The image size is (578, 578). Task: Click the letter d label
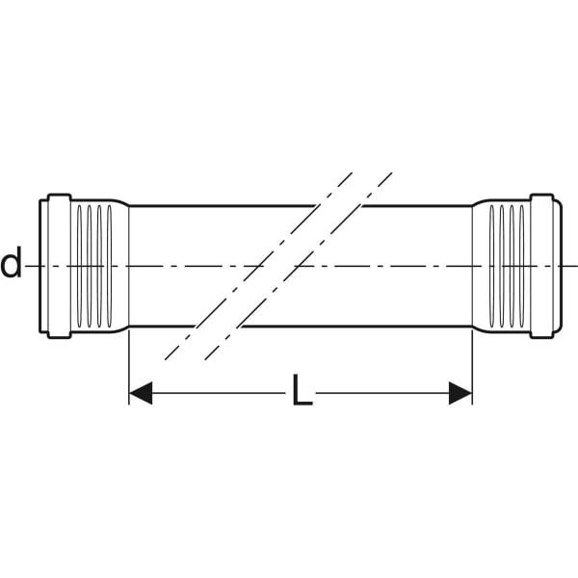pyautogui.click(x=11, y=262)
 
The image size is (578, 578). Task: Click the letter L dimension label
pyautogui.click(x=302, y=389)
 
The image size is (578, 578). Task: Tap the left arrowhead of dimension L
pyautogui.click(x=141, y=393)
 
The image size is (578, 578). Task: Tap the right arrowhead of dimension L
pyautogui.click(x=460, y=393)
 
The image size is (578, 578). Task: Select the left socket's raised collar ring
pyautogui.click(x=59, y=266)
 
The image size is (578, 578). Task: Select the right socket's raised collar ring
pyautogui.click(x=541, y=266)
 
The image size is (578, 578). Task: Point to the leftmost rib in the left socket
pyautogui.click(x=79, y=266)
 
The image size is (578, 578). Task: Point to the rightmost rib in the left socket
pyautogui.click(x=109, y=266)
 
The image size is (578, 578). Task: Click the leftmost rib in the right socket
pyautogui.click(x=491, y=266)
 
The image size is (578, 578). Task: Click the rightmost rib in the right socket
pyautogui.click(x=521, y=266)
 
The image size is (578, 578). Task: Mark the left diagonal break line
pyautogui.click(x=258, y=266)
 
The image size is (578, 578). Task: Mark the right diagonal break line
pyautogui.click(x=299, y=266)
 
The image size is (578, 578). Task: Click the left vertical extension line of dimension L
pyautogui.click(x=129, y=367)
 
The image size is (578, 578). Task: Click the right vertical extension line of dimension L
pyautogui.click(x=472, y=367)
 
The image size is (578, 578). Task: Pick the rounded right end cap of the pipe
pyautogui.click(x=558, y=266)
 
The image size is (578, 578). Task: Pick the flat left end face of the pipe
pyautogui.click(x=39, y=266)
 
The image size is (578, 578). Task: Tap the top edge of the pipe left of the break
pyautogui.click(x=223, y=206)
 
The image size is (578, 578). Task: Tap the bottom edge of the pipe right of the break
pyautogui.click(x=356, y=327)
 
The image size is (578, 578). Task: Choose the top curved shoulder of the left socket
pyautogui.click(x=118, y=202)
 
